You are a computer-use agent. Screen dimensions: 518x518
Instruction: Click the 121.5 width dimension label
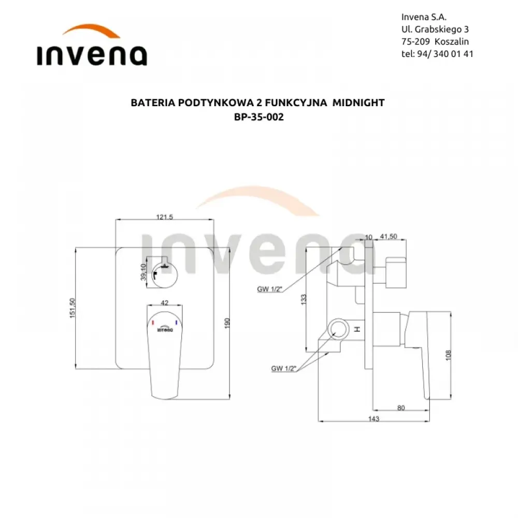coord(165,217)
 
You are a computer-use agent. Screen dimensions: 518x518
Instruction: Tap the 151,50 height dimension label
coord(73,308)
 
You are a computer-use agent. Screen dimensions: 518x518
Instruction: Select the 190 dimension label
coord(227,323)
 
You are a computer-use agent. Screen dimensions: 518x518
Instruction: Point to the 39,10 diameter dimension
coord(143,272)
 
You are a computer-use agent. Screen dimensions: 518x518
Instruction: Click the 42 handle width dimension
coord(165,303)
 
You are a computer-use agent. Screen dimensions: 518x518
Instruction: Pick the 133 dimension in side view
coord(304,299)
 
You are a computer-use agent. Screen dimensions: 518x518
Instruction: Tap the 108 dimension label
coord(448,355)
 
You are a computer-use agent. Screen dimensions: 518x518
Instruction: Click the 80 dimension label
coord(401,408)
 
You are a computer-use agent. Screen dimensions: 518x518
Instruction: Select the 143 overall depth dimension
coord(373,419)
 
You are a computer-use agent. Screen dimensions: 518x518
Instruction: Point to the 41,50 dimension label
coord(388,237)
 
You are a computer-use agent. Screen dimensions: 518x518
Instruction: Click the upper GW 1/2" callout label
coord(269,289)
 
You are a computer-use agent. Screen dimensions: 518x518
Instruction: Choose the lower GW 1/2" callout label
coord(284,368)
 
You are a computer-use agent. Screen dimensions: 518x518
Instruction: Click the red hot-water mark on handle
coord(153,322)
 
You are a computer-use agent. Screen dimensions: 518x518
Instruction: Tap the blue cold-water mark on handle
coord(177,322)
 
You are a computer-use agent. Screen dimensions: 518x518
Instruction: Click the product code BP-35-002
coord(258,117)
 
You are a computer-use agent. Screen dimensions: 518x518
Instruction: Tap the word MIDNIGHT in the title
coord(358,103)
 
